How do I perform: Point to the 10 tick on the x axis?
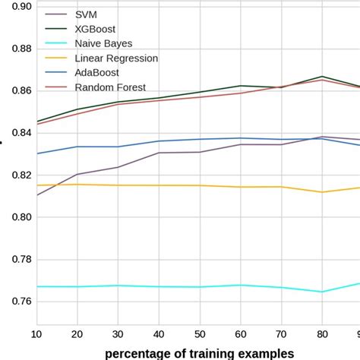pos(36,334)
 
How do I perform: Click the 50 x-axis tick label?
pos(200,334)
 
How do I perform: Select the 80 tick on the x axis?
pos(322,334)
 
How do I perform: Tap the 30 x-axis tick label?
pos(118,334)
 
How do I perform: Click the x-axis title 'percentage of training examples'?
pos(199,352)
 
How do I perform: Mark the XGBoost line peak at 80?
pos(322,77)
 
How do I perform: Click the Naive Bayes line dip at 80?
pos(322,292)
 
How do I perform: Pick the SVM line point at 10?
pos(36,195)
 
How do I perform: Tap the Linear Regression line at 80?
pos(322,192)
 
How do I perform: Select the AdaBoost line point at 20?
pos(77,147)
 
